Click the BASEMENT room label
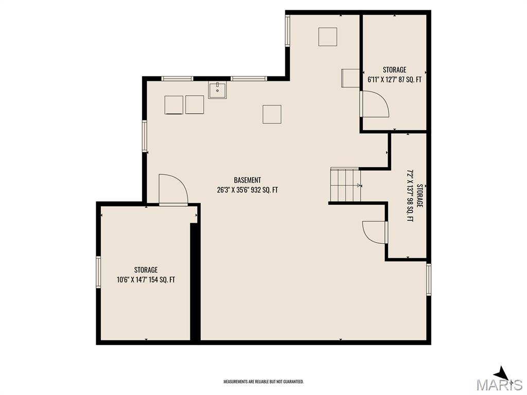click(x=248, y=180)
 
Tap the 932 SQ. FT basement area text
click(x=264, y=190)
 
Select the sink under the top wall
click(x=218, y=89)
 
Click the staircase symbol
click(x=346, y=185)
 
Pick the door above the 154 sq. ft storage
click(x=173, y=189)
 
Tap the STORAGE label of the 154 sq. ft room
click(x=146, y=270)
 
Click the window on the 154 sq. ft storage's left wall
click(x=98, y=272)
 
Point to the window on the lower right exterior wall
click(x=429, y=279)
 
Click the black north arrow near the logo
click(x=502, y=373)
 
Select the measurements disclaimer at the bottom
click(x=263, y=382)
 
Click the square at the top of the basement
click(x=328, y=37)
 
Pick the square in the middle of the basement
click(x=272, y=114)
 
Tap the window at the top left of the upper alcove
click(x=288, y=30)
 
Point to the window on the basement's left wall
click(x=145, y=136)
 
